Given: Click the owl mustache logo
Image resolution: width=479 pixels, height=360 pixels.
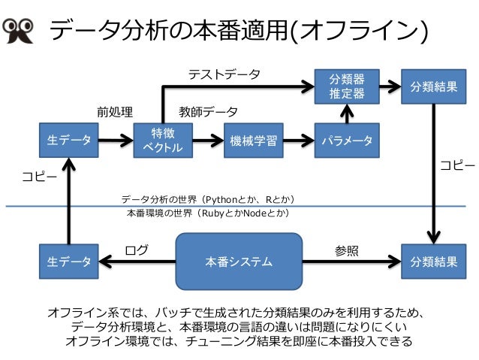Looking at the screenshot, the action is pyautogui.click(x=18, y=31).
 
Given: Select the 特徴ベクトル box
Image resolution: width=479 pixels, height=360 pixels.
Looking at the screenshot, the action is pyautogui.click(x=163, y=141).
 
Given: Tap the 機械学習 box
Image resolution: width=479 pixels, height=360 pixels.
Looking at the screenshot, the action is pyautogui.click(x=254, y=141).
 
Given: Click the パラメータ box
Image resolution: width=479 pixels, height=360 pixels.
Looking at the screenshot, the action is pyautogui.click(x=347, y=141).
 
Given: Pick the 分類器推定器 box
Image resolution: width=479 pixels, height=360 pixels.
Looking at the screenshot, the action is pyautogui.click(x=347, y=86).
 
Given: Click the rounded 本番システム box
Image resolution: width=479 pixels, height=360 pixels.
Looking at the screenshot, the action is pyautogui.click(x=239, y=262).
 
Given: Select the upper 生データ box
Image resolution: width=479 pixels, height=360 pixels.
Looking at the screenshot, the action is pyautogui.click(x=69, y=141).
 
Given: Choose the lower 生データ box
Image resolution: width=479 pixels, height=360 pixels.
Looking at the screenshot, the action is pyautogui.click(x=69, y=262).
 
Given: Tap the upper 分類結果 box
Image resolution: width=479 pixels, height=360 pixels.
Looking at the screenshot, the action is pyautogui.click(x=433, y=86).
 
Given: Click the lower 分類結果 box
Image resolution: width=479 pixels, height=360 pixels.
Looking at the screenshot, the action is pyautogui.click(x=433, y=262).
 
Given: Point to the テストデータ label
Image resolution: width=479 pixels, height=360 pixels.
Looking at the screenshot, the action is pyautogui.click(x=224, y=74).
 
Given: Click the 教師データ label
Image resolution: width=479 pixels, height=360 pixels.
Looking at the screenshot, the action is pyautogui.click(x=208, y=112).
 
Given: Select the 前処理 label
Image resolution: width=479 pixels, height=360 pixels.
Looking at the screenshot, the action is pyautogui.click(x=115, y=112).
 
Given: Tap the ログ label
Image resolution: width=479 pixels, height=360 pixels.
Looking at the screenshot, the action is pyautogui.click(x=137, y=250).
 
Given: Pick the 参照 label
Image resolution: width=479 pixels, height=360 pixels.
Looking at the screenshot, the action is pyautogui.click(x=346, y=251).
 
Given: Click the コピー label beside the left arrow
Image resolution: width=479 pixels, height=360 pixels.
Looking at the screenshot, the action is pyautogui.click(x=39, y=177).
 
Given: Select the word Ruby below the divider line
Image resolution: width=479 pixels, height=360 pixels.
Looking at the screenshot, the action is pyautogui.click(x=213, y=213).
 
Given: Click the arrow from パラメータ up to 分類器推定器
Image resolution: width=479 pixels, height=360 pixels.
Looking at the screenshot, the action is pyautogui.click(x=347, y=113).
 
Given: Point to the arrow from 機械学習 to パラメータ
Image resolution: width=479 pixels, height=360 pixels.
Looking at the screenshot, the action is pyautogui.click(x=299, y=141).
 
